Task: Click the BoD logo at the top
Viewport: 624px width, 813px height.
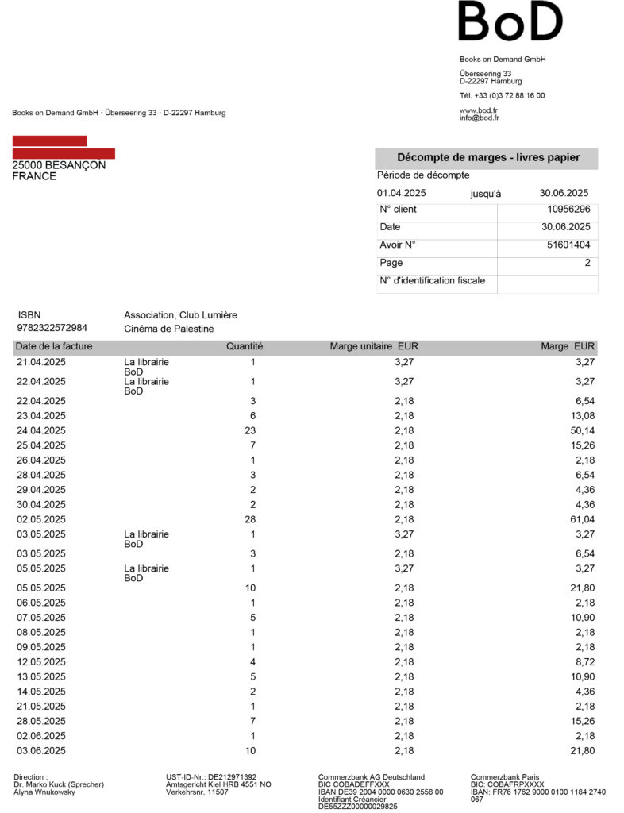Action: [510, 21]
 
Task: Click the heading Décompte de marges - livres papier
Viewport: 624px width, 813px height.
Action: [488, 157]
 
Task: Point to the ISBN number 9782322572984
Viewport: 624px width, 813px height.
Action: [52, 328]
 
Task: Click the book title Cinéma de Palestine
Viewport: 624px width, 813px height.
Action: [169, 329]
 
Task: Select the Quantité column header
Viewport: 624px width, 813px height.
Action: [245, 346]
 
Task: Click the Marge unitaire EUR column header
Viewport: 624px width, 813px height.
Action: [374, 346]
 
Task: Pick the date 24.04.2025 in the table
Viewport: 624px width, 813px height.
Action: [41, 430]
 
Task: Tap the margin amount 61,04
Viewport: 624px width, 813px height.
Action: [582, 519]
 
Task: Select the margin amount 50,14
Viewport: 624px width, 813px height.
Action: [582, 430]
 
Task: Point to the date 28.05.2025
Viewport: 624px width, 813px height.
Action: [41, 721]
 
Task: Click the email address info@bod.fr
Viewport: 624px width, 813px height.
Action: [479, 118]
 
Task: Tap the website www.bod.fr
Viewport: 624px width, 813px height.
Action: [479, 110]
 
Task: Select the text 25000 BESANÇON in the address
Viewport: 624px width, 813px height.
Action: [59, 165]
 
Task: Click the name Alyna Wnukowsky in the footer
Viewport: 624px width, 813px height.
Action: [46, 792]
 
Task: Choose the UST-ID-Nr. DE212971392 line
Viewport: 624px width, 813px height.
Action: [210, 777]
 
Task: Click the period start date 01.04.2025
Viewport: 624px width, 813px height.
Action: [402, 193]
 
